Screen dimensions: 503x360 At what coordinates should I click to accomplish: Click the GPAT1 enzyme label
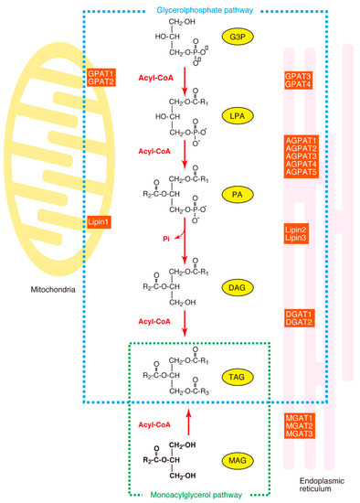click(100, 71)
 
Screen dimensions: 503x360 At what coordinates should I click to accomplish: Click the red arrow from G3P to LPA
click(186, 73)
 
